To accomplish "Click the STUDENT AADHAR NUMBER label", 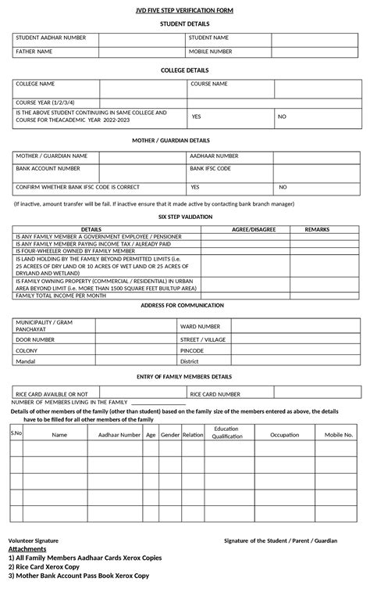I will pyautogui.click(x=52, y=38).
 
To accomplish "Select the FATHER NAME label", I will pyautogui.click(x=34, y=52).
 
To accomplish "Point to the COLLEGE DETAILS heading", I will pyautogui.click(x=185, y=70).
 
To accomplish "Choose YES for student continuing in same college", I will pyautogui.click(x=197, y=117).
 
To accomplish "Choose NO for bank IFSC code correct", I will pyautogui.click(x=283, y=188).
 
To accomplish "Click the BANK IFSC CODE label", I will pyautogui.click(x=210, y=168).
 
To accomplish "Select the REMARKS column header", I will pyautogui.click(x=317, y=229).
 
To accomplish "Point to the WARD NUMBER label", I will pyautogui.click(x=200, y=325).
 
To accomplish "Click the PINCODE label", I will pyautogui.click(x=192, y=350).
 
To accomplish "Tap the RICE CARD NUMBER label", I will pyautogui.click(x=215, y=394).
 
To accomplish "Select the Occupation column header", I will pyautogui.click(x=284, y=434).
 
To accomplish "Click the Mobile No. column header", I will pyautogui.click(x=339, y=434).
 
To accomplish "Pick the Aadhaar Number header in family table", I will pyautogui.click(x=114, y=434).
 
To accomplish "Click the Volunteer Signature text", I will pyautogui.click(x=33, y=540).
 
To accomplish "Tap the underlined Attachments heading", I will pyautogui.click(x=27, y=549).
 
